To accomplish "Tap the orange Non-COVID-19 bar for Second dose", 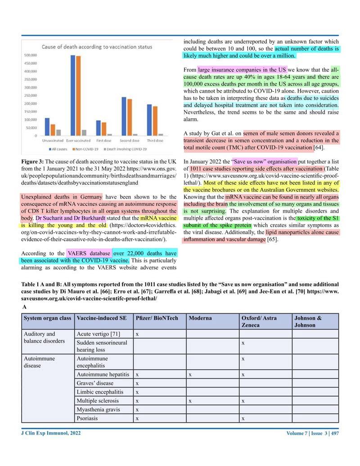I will click(x=130, y=117).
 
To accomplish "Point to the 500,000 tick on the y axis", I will click(x=30, y=55).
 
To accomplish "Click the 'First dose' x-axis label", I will click(x=104, y=140).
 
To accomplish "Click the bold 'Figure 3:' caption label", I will click(x=32, y=161).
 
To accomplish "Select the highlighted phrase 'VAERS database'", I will click(x=89, y=253).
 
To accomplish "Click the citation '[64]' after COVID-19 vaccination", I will click(x=319, y=147).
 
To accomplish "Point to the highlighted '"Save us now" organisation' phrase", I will click(x=264, y=161).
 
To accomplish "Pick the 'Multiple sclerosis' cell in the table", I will click(x=98, y=401).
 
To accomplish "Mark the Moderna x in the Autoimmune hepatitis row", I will click(x=190, y=374).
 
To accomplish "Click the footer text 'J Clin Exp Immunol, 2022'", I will click(x=51, y=433).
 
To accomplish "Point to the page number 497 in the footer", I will click(x=335, y=434).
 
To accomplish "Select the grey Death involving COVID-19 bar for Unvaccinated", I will click(x=58, y=132).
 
